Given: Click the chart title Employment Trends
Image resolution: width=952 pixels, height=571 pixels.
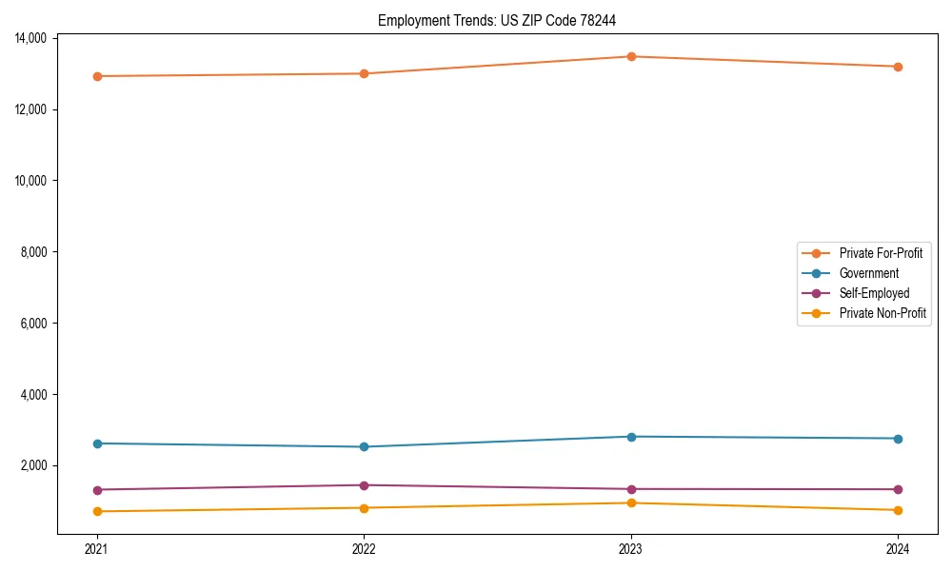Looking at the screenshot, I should pos(504,20).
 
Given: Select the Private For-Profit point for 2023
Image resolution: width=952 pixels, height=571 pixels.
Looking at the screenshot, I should pos(631,56).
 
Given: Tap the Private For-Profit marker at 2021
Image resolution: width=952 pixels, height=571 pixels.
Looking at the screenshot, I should pos(97,76).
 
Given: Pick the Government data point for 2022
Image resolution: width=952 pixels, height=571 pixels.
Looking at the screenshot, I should pos(364,446).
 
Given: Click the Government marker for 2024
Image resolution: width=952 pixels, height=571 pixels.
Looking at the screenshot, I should pos(898,439).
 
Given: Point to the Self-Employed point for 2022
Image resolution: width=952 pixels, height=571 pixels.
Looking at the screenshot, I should pos(364,485).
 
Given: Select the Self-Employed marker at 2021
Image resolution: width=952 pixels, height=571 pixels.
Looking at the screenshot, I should pos(97,490).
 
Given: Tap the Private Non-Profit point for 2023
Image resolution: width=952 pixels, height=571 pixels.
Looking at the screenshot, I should pos(631,502).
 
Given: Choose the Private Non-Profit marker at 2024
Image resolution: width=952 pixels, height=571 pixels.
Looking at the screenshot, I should pos(898,510).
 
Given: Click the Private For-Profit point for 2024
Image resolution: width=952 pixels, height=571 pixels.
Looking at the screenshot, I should pos(898,67).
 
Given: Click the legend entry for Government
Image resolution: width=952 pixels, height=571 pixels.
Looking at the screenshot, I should pos(868,273).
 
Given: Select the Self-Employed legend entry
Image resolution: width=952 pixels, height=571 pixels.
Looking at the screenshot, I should pos(874,293).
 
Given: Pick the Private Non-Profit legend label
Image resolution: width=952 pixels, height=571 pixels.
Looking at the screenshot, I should pos(883,313).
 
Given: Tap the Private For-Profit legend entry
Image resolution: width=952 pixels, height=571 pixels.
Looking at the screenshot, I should pos(880,253).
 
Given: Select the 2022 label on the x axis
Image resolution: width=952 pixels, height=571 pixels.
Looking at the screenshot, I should pos(364,548).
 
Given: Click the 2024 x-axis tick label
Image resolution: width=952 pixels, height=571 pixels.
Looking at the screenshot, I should pos(898,548).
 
